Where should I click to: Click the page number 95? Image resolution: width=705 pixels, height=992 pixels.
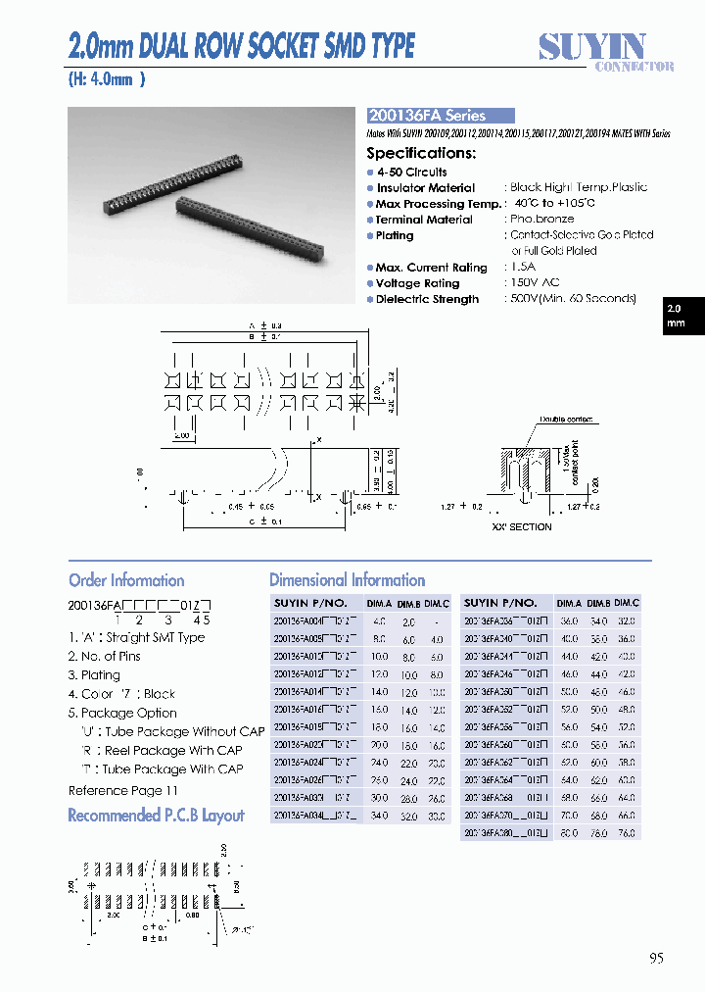(655, 958)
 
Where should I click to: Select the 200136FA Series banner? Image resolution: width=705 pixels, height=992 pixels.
(440, 116)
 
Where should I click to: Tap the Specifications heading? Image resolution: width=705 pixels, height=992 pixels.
(421, 153)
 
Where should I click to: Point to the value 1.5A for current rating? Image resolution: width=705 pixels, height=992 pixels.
(524, 268)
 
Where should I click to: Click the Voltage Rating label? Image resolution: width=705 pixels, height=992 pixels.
(418, 283)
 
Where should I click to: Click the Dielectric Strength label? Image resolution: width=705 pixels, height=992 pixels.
(427, 300)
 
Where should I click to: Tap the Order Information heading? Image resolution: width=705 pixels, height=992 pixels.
(126, 580)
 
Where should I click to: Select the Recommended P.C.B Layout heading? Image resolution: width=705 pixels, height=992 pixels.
(156, 816)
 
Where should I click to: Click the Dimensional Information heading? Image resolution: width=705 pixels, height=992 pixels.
(347, 580)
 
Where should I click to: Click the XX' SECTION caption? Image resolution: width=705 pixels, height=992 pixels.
(522, 527)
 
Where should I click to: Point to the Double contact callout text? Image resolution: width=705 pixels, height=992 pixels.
(564, 421)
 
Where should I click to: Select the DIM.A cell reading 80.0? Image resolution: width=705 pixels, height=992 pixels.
(569, 832)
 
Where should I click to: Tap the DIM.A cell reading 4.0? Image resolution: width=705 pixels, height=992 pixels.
(380, 621)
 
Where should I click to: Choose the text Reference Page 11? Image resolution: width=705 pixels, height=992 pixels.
(123, 791)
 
